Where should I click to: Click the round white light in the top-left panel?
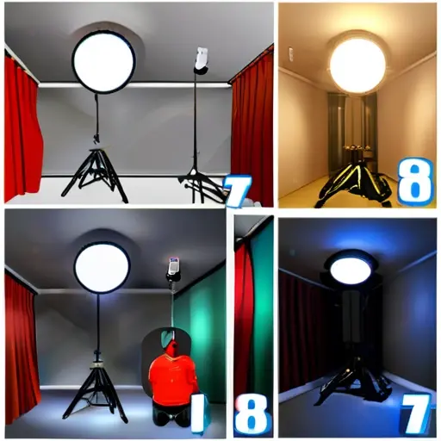tap(103, 61)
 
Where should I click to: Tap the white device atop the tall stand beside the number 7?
tap(200, 60)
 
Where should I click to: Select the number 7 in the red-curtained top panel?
tap(237, 190)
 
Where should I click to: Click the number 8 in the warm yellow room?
tap(415, 183)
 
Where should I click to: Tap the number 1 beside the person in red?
tap(198, 413)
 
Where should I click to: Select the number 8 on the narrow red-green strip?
tap(252, 415)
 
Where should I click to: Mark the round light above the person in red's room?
tap(102, 268)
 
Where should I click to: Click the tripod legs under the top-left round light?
tap(95, 175)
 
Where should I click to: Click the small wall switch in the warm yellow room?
tap(291, 53)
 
